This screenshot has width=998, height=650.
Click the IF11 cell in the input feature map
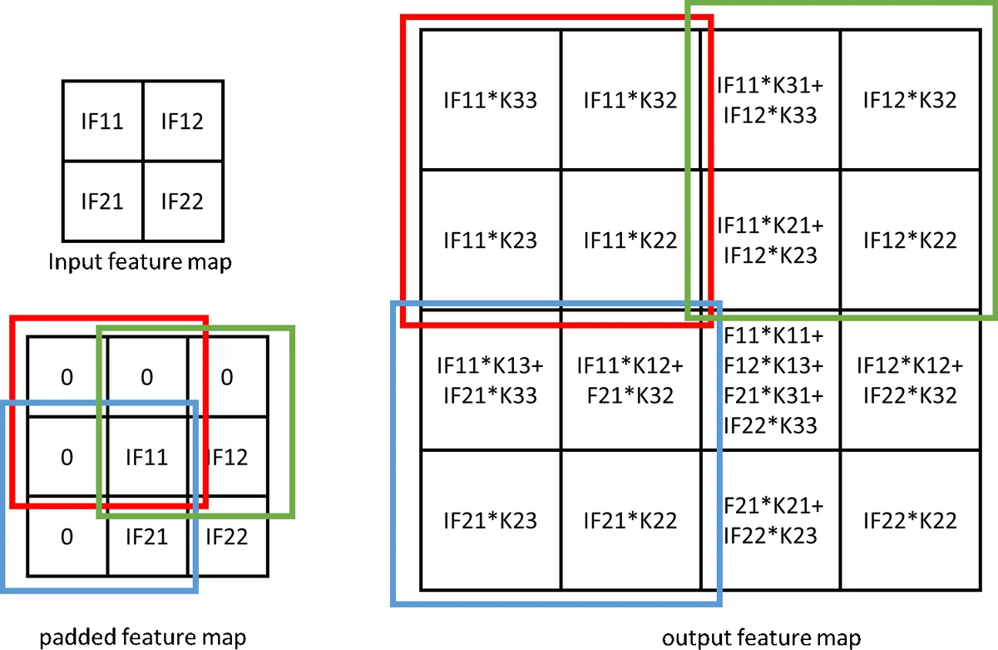tap(103, 122)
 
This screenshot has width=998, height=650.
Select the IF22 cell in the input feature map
tap(182, 201)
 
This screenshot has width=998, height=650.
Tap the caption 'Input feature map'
tap(140, 262)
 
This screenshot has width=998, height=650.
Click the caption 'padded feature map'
tap(144, 638)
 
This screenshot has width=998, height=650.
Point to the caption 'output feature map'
tap(761, 638)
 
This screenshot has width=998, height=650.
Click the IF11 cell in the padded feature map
tap(147, 457)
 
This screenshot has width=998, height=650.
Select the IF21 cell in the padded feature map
tap(147, 536)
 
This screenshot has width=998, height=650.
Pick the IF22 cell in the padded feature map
tap(226, 536)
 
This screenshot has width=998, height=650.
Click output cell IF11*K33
tap(490, 101)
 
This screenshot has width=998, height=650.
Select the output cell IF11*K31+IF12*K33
tap(769, 101)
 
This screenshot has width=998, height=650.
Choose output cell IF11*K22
tap(630, 241)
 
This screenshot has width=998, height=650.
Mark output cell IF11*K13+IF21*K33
tap(490, 380)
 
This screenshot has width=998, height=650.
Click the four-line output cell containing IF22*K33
tap(769, 380)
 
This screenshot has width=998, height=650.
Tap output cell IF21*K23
tap(490, 521)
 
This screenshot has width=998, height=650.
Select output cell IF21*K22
tap(630, 521)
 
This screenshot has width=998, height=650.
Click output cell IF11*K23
tap(490, 241)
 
